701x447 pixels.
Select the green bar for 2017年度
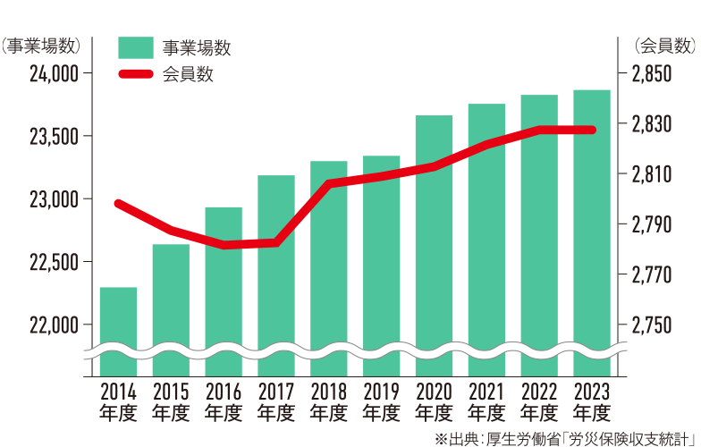tap(276, 268)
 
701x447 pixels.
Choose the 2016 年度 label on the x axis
tap(224, 401)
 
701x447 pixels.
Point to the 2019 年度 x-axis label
tap(382, 401)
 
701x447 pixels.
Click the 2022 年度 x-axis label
tap(540, 401)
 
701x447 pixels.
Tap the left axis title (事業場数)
tap(43, 45)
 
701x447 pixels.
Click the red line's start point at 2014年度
tap(119, 204)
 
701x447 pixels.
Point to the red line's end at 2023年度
tap(592, 131)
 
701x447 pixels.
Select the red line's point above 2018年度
tap(329, 183)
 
